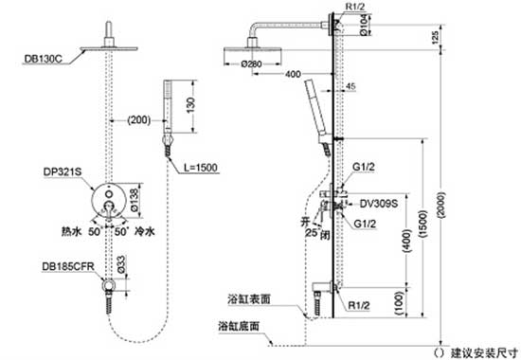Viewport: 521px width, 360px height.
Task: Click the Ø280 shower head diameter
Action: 252,64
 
